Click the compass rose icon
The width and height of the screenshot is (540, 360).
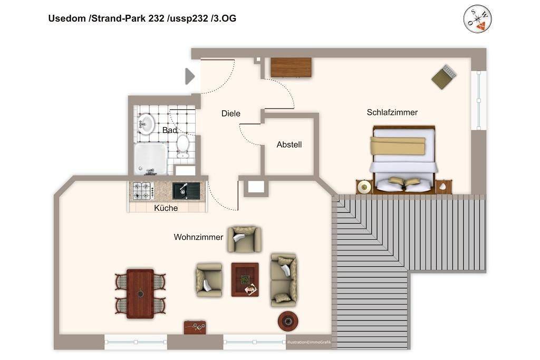(x=478, y=19)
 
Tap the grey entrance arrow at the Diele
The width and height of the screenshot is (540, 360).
(x=190, y=76)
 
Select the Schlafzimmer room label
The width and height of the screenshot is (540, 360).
(x=392, y=112)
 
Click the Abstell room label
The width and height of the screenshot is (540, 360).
(x=289, y=144)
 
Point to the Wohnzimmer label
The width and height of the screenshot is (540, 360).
(x=198, y=237)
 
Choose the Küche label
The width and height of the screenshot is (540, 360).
(x=166, y=208)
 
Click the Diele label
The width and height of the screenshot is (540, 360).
(x=230, y=113)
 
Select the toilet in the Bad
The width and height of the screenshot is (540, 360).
(x=183, y=145)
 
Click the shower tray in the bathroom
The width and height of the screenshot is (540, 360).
(x=150, y=159)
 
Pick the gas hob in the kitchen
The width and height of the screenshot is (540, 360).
(x=142, y=191)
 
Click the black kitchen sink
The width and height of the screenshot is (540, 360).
(x=186, y=190)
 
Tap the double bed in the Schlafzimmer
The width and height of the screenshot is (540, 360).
(x=403, y=158)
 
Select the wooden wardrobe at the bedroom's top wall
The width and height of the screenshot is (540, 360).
(x=291, y=67)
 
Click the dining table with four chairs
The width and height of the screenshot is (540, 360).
(x=140, y=294)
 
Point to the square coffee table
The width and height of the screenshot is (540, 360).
(x=245, y=279)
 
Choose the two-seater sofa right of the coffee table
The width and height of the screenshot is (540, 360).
(x=284, y=279)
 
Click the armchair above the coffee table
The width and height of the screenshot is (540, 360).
(x=244, y=239)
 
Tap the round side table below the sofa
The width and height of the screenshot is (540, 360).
(x=288, y=320)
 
